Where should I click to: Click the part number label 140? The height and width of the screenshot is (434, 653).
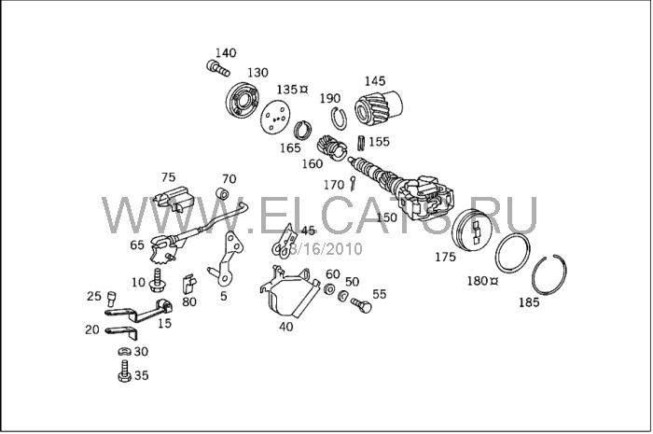[226, 53]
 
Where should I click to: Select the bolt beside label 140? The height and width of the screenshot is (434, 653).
[217, 68]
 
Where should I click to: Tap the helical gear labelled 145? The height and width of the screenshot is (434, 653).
[379, 108]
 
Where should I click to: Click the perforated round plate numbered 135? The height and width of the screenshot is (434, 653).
[274, 119]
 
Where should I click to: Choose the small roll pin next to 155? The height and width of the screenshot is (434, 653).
[361, 143]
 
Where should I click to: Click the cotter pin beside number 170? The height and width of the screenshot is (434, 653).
[354, 183]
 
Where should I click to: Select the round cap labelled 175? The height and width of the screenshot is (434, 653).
[471, 230]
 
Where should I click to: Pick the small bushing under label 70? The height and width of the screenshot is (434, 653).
[223, 194]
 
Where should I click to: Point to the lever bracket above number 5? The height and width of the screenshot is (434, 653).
[227, 259]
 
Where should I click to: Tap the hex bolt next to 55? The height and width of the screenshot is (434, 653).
[361, 305]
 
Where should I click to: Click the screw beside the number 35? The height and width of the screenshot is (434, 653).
[124, 371]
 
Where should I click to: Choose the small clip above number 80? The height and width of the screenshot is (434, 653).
[188, 284]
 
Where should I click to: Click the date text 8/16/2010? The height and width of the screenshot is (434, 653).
[326, 249]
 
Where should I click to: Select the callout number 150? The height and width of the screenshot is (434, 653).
[386, 217]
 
